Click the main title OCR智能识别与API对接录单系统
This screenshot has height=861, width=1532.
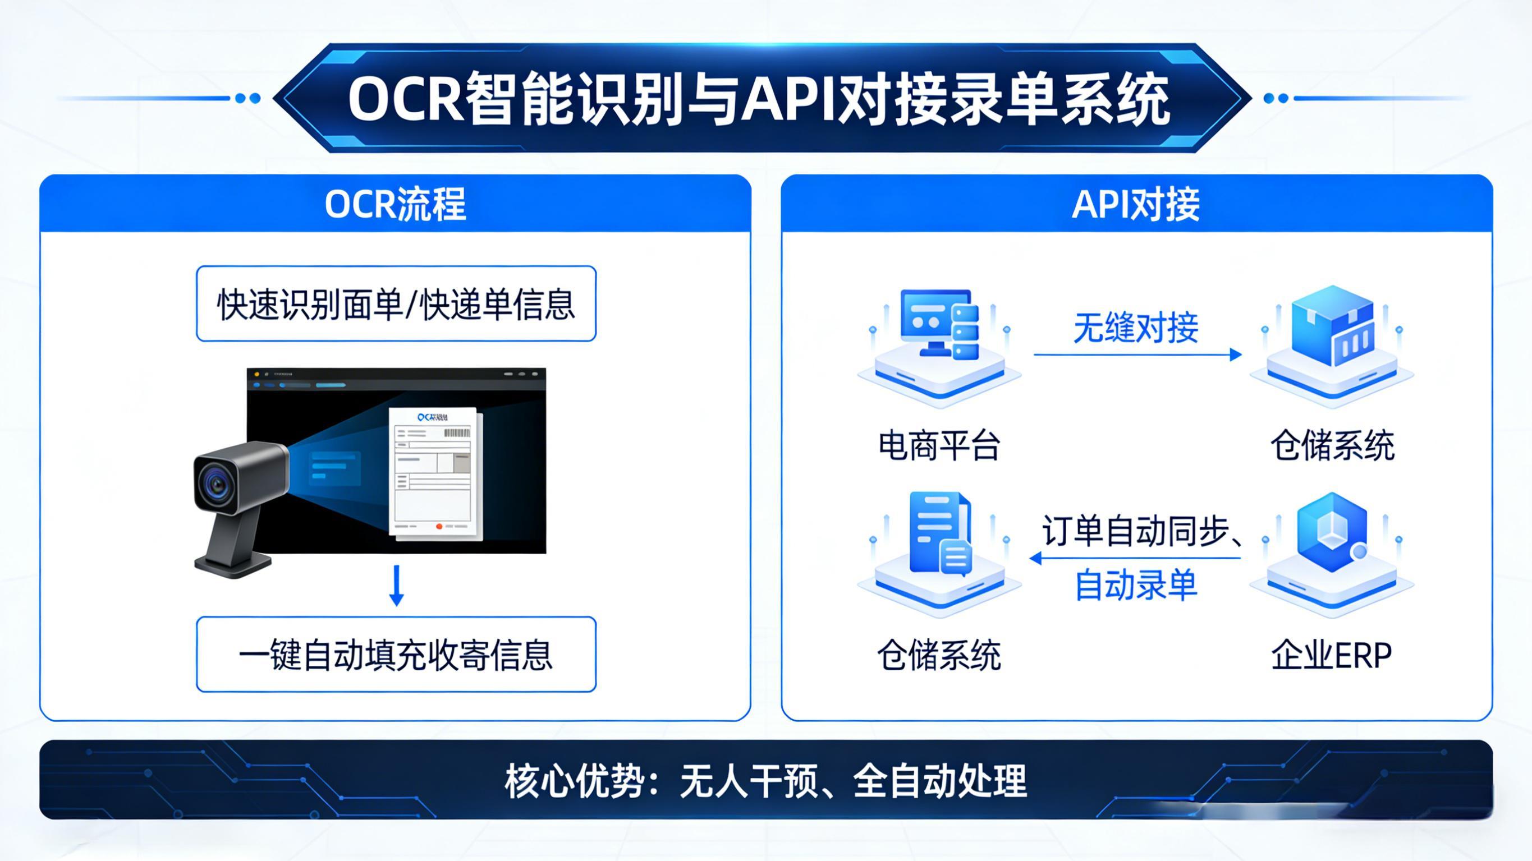759,99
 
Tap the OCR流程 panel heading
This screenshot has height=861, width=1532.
395,204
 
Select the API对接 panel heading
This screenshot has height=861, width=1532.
1135,204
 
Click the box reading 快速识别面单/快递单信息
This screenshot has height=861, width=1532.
396,304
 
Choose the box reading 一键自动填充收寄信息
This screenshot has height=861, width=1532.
396,654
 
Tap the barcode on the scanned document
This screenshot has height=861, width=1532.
457,432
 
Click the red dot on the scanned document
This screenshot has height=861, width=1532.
439,526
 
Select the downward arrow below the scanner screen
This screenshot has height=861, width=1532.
397,586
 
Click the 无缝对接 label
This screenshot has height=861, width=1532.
1135,328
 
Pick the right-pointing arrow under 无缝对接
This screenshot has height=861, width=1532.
1137,355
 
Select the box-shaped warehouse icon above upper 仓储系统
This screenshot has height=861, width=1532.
1332,326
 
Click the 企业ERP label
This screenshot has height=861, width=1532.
1331,655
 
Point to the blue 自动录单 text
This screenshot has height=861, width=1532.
1135,585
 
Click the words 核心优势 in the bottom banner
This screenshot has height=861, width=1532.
575,781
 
